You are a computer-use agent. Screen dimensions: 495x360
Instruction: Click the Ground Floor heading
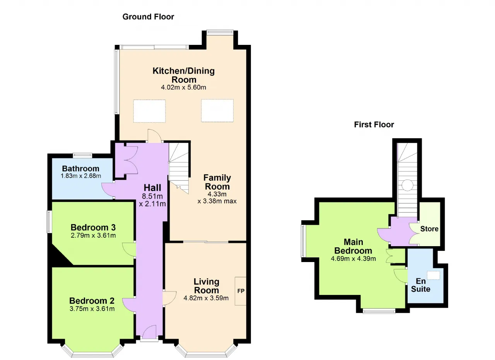click(x=148, y=17)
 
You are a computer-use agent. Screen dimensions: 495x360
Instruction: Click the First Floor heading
click(x=374, y=125)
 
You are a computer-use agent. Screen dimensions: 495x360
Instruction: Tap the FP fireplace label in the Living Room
click(x=241, y=291)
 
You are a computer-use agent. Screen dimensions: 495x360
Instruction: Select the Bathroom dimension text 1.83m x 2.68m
click(x=81, y=176)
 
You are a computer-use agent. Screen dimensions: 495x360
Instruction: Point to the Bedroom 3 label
click(x=93, y=227)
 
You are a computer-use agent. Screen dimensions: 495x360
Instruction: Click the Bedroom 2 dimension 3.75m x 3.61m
click(x=92, y=309)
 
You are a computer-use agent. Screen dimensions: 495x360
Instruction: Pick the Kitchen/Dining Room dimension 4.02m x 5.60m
click(x=183, y=87)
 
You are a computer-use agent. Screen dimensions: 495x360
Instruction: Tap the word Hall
click(x=152, y=187)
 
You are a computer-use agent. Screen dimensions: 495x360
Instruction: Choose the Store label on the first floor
click(x=429, y=229)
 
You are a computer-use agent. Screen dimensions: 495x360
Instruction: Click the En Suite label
click(x=420, y=285)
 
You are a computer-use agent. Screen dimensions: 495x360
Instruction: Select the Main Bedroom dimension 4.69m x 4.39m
click(x=353, y=259)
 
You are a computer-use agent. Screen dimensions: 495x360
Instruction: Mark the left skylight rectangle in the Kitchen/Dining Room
click(x=149, y=111)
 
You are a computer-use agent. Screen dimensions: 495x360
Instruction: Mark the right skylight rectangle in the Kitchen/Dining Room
click(x=217, y=111)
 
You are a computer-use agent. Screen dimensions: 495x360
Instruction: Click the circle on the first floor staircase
click(x=407, y=185)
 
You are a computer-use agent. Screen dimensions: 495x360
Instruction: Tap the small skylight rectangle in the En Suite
click(x=434, y=276)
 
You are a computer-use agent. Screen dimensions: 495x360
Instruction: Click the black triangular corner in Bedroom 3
click(x=58, y=257)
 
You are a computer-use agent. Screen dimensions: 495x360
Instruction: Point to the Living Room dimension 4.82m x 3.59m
click(x=206, y=298)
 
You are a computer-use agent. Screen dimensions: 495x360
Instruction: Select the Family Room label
click(x=217, y=182)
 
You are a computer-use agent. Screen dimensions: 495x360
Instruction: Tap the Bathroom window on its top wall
click(x=82, y=155)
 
